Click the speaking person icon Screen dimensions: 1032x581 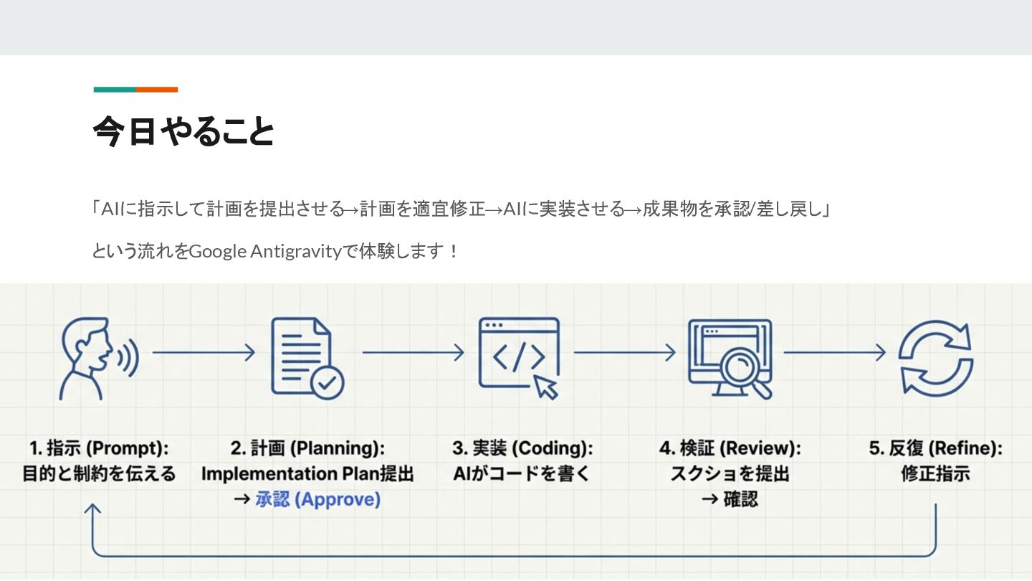click(96, 357)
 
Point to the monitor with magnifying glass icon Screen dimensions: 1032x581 click(729, 357)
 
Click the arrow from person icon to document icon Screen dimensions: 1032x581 click(204, 352)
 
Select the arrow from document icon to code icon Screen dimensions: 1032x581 click(413, 352)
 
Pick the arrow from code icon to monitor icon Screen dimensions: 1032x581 click(624, 352)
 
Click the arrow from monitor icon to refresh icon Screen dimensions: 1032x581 click(834, 352)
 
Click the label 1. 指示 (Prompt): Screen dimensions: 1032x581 click(99, 448)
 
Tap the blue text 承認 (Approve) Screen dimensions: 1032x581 click(317, 499)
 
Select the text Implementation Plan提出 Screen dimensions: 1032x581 click(307, 474)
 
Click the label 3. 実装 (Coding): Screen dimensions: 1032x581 click(522, 448)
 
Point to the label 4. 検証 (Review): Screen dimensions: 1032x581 click(730, 448)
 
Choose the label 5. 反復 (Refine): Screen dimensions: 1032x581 click(935, 448)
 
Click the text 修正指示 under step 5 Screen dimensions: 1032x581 click(935, 474)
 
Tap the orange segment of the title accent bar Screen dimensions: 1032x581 click(157, 90)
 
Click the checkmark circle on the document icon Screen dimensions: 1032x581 click(327, 382)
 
